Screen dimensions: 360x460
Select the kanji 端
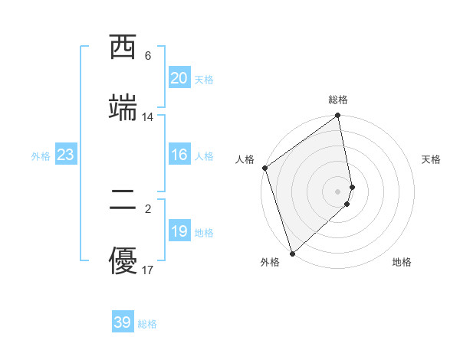pos(123,108)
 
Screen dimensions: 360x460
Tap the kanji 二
pos(123,201)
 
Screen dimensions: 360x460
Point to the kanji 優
pos(123,262)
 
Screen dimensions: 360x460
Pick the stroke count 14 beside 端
pos(147,117)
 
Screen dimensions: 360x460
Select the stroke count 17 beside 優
pos(147,270)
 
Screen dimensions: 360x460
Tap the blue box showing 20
pos(179,78)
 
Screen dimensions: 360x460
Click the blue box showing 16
pos(179,155)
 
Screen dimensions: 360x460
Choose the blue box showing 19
pos(179,231)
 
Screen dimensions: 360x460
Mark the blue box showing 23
pos(65,155)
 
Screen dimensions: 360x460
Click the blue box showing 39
pos(122,322)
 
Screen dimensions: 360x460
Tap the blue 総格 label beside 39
pos(147,324)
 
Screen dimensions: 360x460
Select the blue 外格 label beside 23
pos(41,155)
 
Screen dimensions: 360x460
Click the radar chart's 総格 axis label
pos(338,100)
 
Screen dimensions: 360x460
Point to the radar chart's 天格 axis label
pos(432,159)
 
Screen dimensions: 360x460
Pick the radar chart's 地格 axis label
pos(402,262)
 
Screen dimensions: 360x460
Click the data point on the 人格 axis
pos(264,168)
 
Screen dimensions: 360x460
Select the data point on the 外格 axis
pos(291,253)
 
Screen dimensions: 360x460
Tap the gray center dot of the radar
pos(338,191)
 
